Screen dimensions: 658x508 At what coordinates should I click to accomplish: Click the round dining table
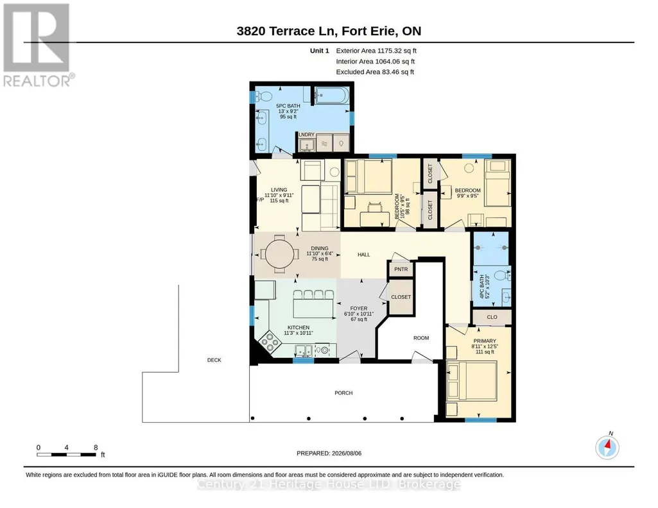point(279,254)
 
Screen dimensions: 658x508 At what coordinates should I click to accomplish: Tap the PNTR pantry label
point(401,269)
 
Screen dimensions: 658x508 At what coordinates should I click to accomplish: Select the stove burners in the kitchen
point(269,342)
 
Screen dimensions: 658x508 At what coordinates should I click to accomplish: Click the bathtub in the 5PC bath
point(331,96)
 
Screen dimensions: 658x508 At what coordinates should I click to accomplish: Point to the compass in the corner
point(607,446)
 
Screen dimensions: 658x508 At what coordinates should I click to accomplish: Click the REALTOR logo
point(38,46)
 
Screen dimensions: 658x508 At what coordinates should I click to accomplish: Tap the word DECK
point(214,360)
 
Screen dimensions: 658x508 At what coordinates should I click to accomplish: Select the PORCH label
point(343,393)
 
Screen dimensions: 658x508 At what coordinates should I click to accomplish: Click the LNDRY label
point(306,135)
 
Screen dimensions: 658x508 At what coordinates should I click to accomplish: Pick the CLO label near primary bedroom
point(492,317)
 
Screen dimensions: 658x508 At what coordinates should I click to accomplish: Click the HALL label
point(364,255)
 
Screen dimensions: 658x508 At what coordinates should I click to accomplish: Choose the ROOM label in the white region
point(421,338)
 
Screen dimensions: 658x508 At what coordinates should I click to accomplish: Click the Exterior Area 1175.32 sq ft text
point(376,51)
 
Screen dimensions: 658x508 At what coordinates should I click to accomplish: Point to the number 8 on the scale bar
point(96,447)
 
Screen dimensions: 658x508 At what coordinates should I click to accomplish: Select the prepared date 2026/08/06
point(346,453)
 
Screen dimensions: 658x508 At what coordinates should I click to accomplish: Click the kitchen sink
point(303,350)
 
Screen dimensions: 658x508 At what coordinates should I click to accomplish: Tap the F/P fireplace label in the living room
point(260,199)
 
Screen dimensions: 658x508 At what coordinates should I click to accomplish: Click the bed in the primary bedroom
point(472,381)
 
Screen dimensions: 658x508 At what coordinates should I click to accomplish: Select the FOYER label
point(359,308)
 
